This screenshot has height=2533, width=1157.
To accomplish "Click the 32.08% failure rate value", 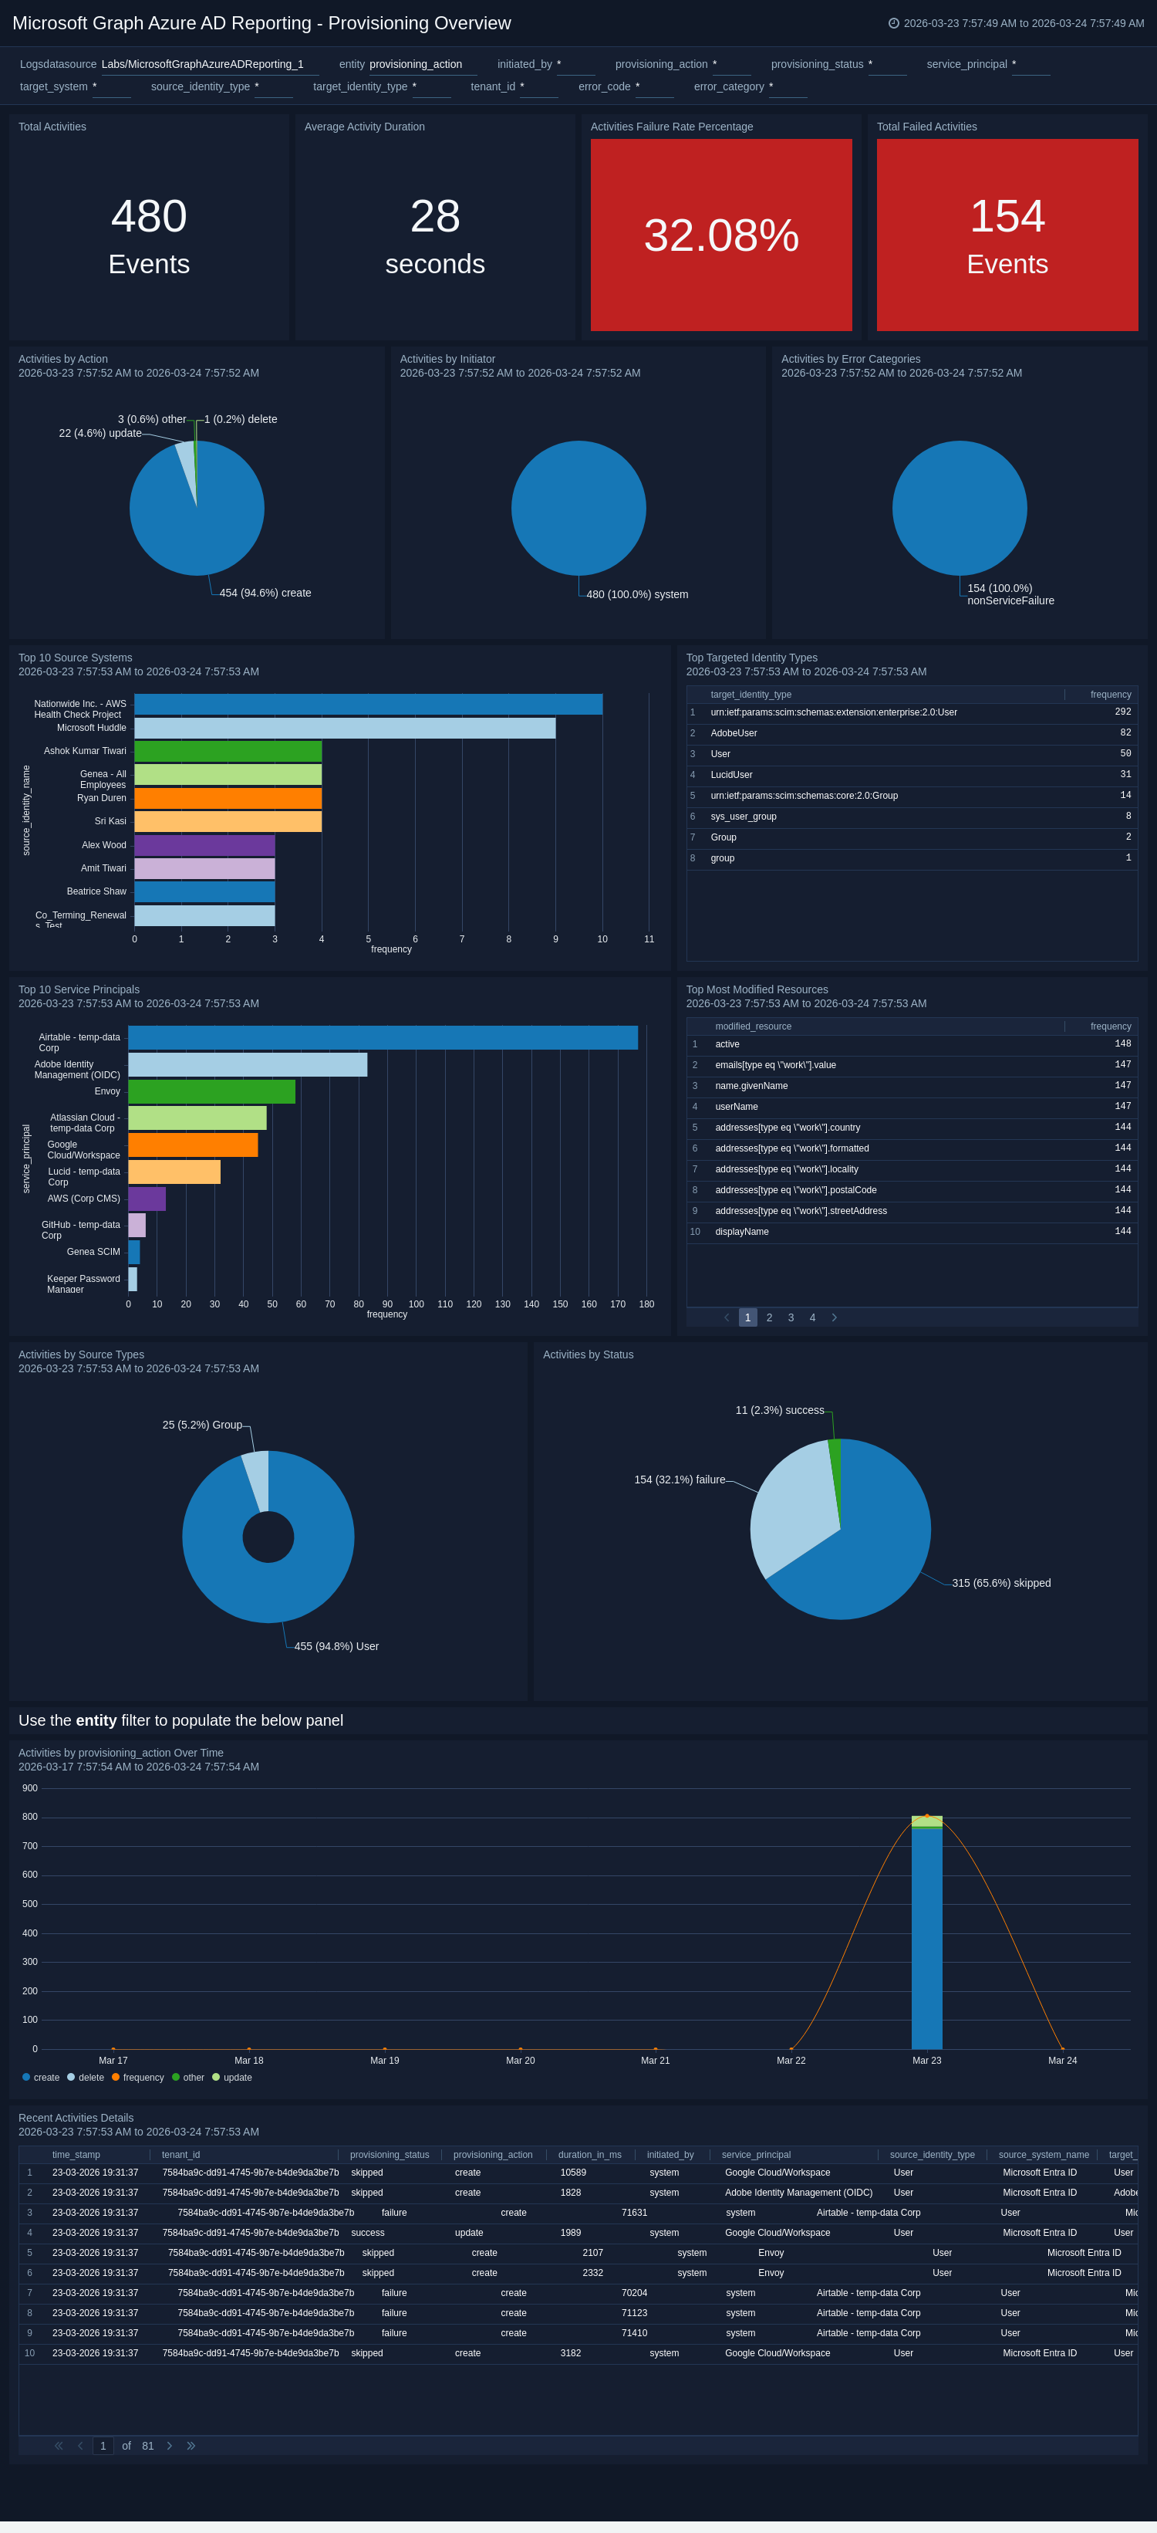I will [x=720, y=235].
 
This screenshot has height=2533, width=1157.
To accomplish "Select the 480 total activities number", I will [x=148, y=216].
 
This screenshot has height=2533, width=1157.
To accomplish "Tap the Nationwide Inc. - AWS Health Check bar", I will [x=368, y=704].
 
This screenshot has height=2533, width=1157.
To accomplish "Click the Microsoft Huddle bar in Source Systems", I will [x=344, y=728].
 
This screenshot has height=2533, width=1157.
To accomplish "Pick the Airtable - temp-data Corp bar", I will [x=383, y=1037].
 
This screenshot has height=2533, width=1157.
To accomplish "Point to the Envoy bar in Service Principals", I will [x=211, y=1091].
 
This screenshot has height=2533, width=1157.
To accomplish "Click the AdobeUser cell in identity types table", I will [x=734, y=733].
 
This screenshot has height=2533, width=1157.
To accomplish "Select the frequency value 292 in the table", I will [x=1122, y=712].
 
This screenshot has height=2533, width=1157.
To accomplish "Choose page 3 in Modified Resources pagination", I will [x=791, y=1317].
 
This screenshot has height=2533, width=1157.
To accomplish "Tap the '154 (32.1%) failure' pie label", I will [x=680, y=1480].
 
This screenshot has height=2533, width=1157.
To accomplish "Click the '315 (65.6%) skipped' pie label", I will [x=1000, y=1583].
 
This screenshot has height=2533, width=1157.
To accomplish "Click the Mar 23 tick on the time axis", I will [x=926, y=2060].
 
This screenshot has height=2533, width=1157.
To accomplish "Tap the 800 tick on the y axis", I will [x=29, y=1817].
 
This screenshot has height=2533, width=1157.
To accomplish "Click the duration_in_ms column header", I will [x=589, y=2154].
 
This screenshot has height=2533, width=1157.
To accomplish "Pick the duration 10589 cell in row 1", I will [x=572, y=2172].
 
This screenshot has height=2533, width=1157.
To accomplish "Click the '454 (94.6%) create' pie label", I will [x=265, y=593].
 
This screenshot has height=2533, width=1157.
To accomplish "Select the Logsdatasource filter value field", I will [x=203, y=65].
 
